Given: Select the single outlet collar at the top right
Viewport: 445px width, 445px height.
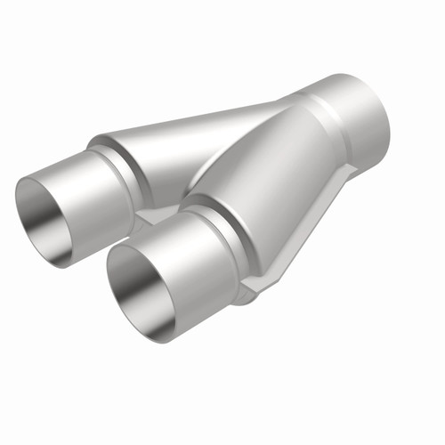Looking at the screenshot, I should pos(352,111).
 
